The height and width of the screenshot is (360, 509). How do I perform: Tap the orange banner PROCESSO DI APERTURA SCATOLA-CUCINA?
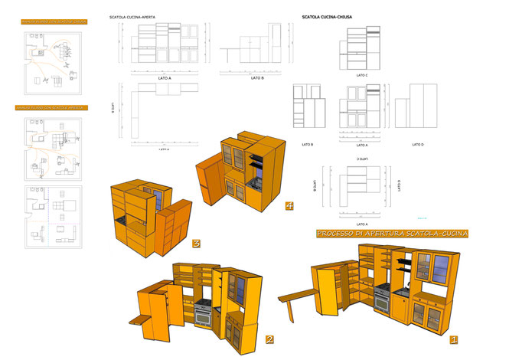pos(392,233)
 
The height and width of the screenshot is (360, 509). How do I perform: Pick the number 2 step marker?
pos(269,339)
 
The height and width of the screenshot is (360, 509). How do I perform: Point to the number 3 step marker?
pos(197,244)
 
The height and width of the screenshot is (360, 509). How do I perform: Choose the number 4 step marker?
pos(289,205)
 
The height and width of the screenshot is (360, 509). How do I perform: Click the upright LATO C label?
pos(362,75)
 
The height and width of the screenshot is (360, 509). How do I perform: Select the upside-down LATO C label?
pos(362,159)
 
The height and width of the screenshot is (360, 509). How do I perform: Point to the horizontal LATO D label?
pos(418,144)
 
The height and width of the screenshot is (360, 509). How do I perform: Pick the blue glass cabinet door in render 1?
pos(442,269)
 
